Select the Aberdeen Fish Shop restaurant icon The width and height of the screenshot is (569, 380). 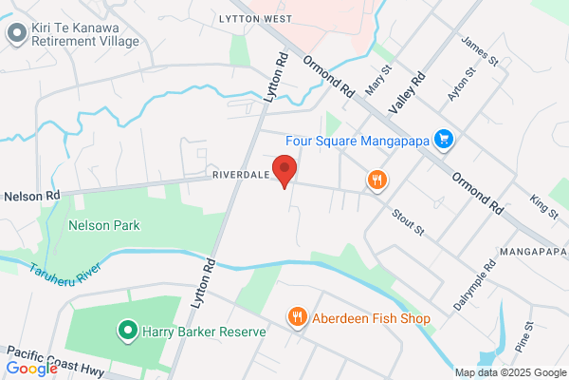298,318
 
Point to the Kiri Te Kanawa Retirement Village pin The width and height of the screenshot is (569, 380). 15,34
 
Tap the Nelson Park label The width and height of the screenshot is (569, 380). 104,226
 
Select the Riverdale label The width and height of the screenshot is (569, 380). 240,176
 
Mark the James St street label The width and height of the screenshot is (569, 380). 478,50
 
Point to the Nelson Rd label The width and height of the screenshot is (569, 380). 31,195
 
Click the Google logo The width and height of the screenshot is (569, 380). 31,368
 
